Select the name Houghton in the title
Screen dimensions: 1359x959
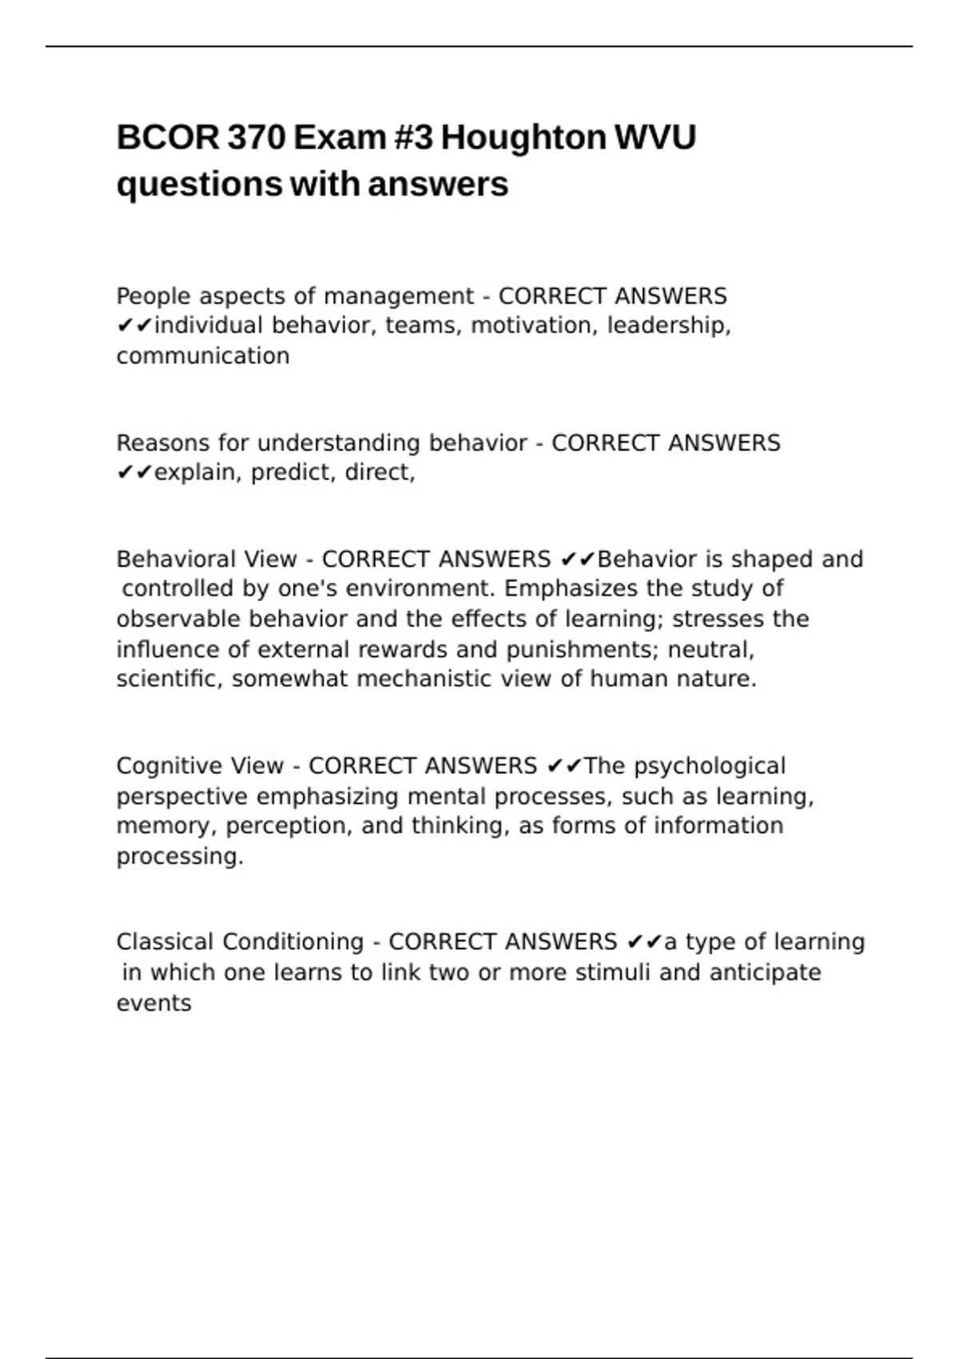pos(523,137)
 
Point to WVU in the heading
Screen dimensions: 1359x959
pos(655,137)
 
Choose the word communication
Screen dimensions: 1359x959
pos(203,357)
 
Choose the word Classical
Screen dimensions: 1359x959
pos(165,942)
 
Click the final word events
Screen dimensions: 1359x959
pos(153,1003)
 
